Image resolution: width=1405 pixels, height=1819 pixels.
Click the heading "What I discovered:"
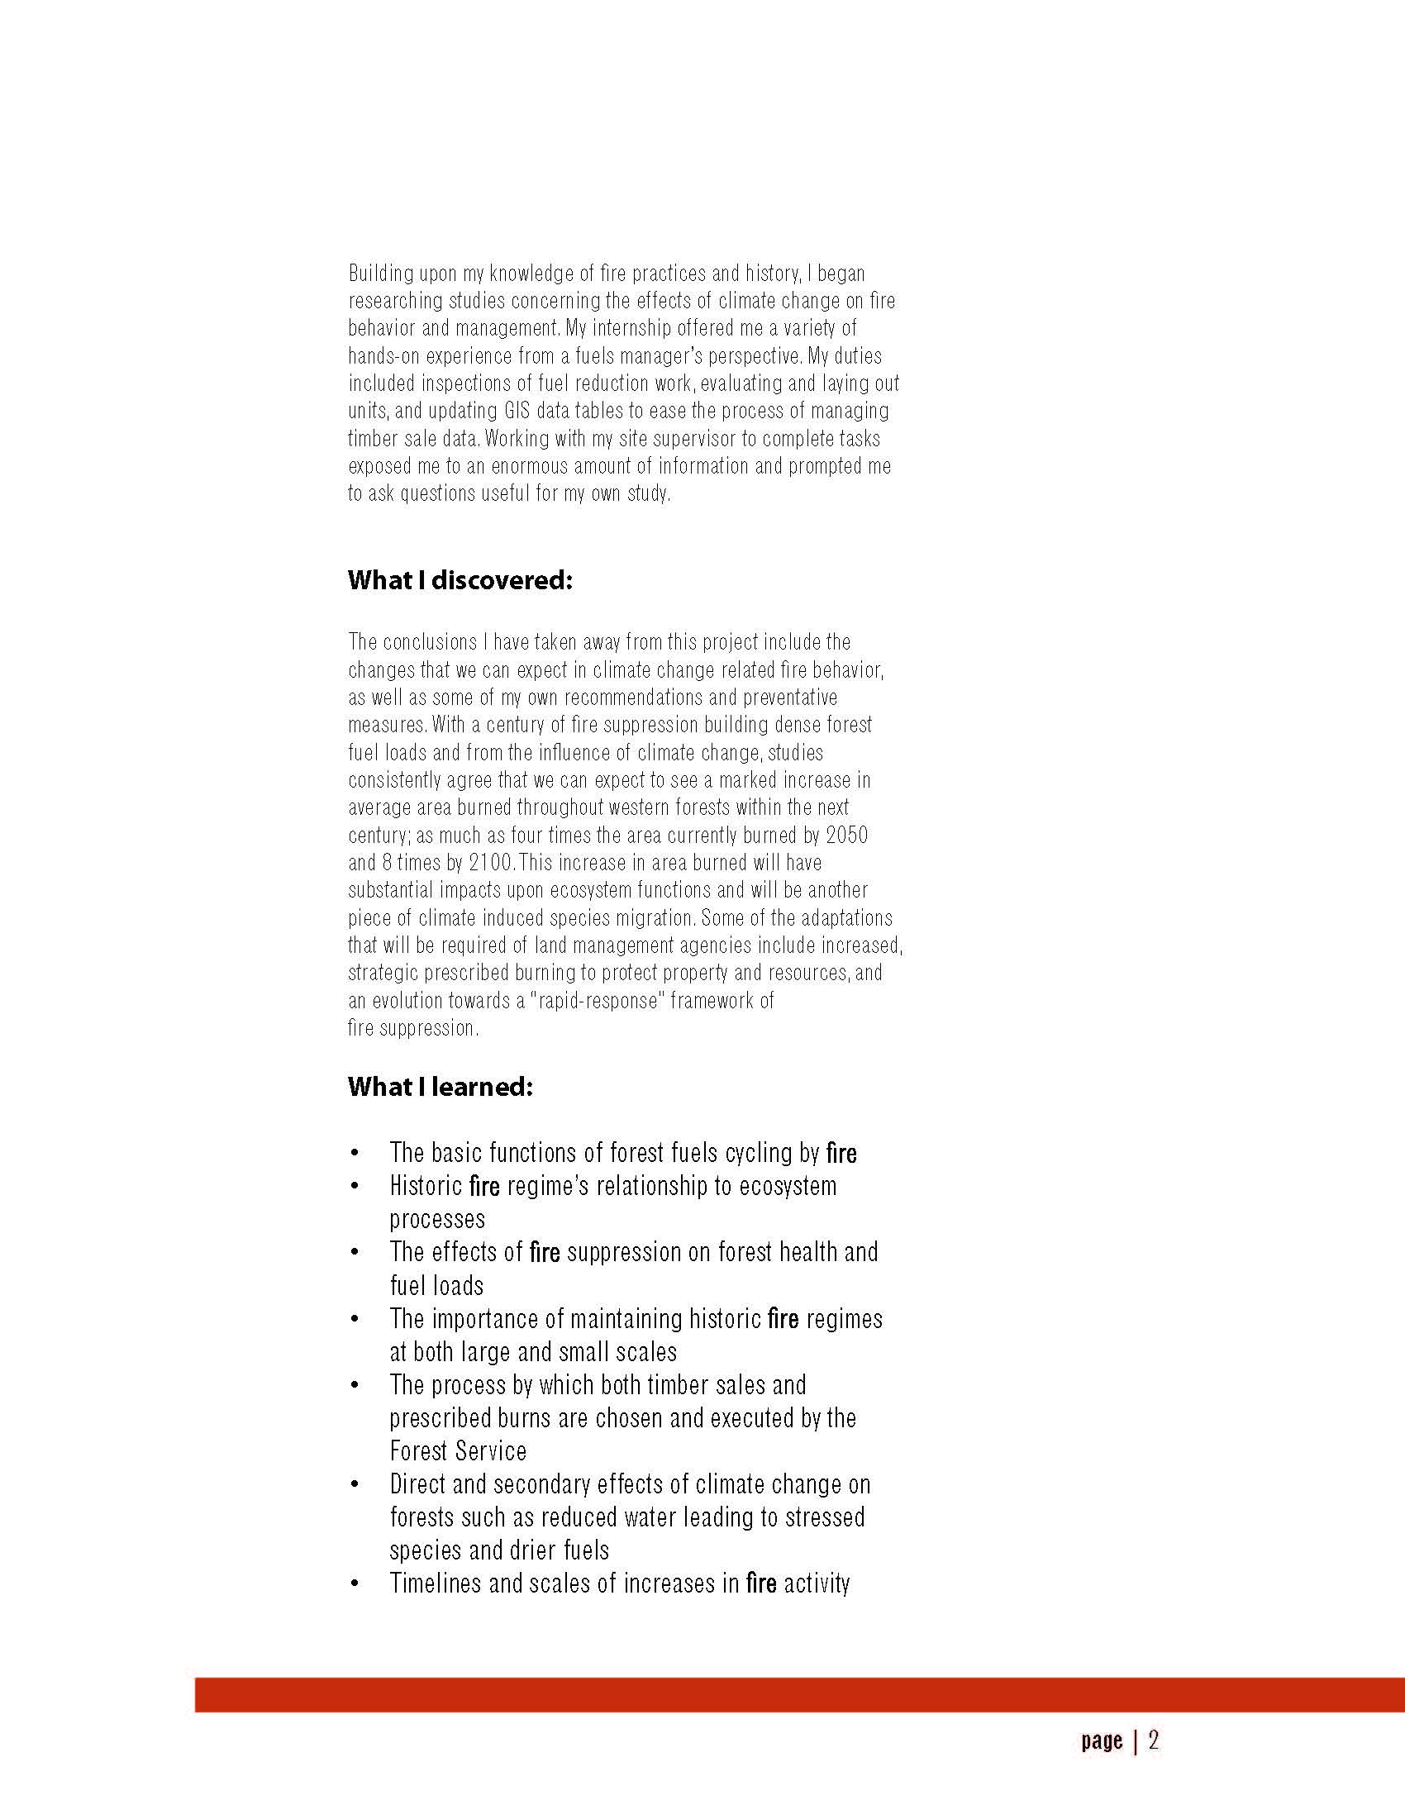(x=460, y=580)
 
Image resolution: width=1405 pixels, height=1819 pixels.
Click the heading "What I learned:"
(x=440, y=1087)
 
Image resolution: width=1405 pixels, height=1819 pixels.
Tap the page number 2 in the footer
(x=1154, y=1740)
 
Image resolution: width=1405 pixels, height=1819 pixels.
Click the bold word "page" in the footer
(x=1102, y=1740)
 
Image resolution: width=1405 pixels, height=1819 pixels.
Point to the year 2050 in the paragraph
(x=846, y=835)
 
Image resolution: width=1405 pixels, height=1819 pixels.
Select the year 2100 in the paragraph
(x=491, y=862)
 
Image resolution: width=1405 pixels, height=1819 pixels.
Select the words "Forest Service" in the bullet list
(x=458, y=1451)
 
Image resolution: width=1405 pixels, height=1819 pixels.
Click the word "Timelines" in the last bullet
(x=435, y=1583)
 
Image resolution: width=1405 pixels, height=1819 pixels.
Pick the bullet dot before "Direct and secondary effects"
(x=355, y=1485)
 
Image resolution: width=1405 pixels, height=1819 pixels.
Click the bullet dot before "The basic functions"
(x=355, y=1154)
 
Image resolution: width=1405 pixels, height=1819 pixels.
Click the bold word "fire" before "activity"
(x=761, y=1583)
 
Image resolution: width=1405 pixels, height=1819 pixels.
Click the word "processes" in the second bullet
(x=437, y=1219)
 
